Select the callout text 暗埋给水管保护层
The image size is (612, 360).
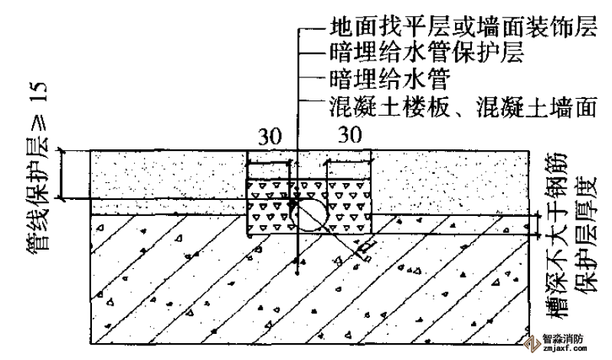[427, 53]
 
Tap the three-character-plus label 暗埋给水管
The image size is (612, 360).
[390, 79]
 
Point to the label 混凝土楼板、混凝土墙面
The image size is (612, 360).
[463, 106]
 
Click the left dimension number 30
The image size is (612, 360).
[270, 136]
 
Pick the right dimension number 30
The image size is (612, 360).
[350, 135]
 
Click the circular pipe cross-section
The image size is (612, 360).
[309, 214]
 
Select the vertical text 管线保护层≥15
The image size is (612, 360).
[38, 165]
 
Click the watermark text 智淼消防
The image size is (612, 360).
[563, 339]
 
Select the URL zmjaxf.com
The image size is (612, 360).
[563, 349]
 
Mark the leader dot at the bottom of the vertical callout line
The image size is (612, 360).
[297, 273]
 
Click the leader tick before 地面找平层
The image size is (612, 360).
[313, 29]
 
